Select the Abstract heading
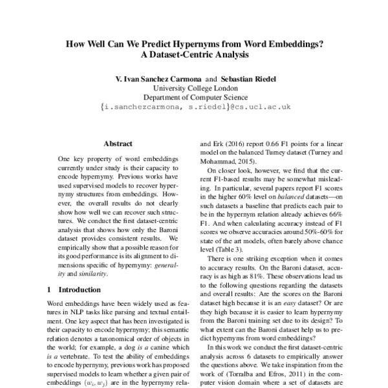click(x=118, y=144)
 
